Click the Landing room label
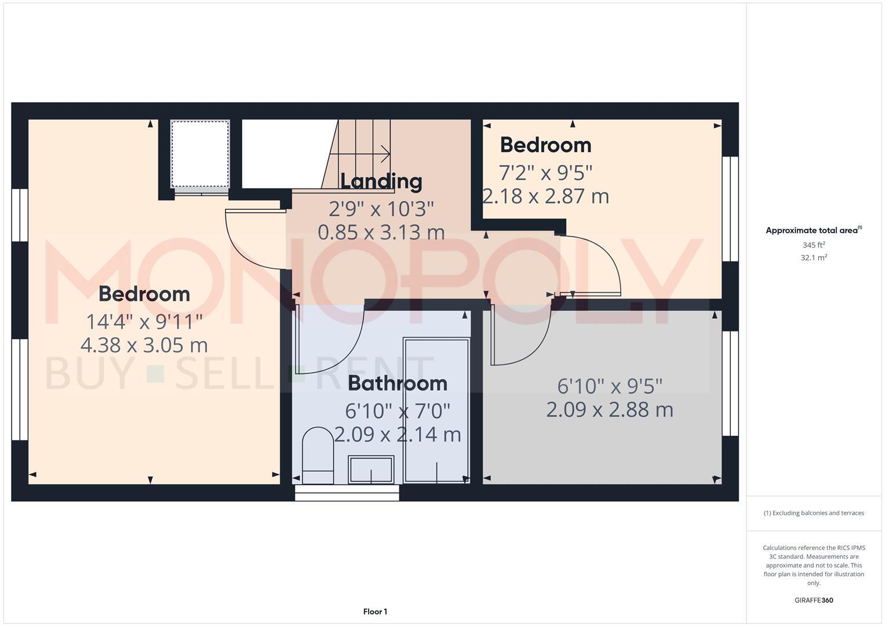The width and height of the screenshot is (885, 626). pos(381,181)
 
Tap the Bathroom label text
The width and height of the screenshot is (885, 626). pos(398,383)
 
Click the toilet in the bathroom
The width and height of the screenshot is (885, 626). pos(318,456)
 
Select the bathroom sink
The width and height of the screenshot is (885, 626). pos(371,469)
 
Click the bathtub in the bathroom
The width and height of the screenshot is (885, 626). pos(436,411)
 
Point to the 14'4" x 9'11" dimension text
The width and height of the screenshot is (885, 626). pos(144,321)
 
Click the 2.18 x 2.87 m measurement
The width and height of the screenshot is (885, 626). pos(546,196)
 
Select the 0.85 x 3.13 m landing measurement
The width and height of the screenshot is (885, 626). pos(381,232)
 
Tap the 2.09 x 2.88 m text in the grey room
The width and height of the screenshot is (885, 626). pos(610,410)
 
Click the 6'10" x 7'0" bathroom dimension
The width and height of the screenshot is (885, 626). pos(398,411)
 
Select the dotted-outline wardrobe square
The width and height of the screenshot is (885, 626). pos(200,154)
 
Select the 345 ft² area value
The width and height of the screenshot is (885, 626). pos(814,245)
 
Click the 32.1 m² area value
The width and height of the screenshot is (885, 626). pos(814,257)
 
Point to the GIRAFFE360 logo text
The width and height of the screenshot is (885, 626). pos(814,600)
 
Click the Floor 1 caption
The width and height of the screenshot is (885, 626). pos(375,612)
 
